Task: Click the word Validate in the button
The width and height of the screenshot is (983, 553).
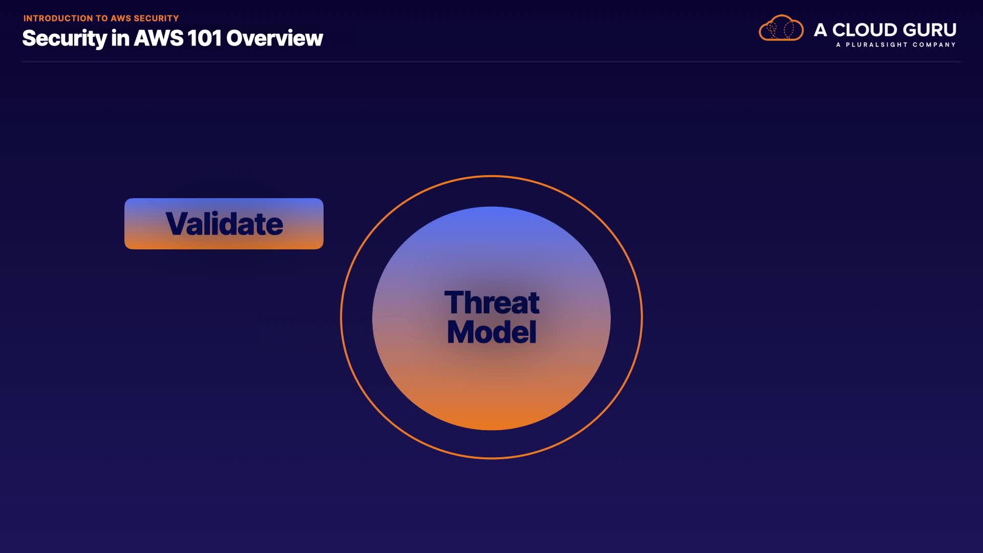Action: pos(224,224)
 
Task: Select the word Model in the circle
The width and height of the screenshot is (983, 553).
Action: pos(491,332)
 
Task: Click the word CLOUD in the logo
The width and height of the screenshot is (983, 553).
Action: pos(865,30)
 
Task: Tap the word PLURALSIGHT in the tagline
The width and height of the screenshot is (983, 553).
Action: pos(877,45)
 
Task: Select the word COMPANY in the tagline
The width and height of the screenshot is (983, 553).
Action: pos(934,45)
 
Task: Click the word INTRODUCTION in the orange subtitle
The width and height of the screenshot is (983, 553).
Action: pos(58,18)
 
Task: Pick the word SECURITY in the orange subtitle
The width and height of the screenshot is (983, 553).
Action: pos(156,18)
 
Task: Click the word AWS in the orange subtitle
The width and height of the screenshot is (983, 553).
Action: pos(121,18)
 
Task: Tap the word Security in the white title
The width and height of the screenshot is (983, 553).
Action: pos(64,38)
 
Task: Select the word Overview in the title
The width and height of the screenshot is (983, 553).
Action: pos(274,38)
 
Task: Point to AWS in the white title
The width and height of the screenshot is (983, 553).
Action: pos(158,38)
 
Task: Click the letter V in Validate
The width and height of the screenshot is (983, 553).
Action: pos(176,224)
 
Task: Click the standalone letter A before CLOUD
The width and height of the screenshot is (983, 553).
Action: pos(821,30)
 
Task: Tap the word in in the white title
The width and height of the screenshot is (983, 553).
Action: pos(120,38)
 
